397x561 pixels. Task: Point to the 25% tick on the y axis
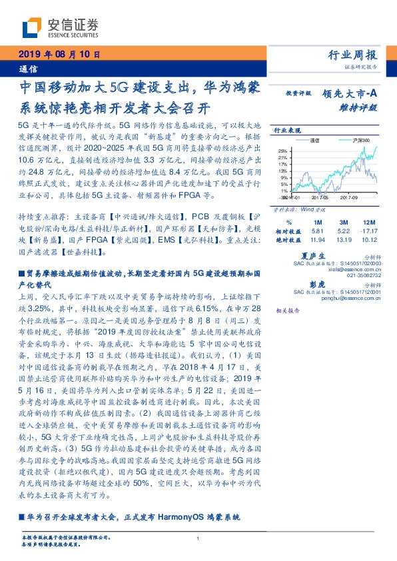click(283, 151)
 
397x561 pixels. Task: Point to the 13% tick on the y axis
click(284, 171)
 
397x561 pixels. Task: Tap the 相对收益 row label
click(288, 230)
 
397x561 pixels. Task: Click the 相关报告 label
click(287, 310)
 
